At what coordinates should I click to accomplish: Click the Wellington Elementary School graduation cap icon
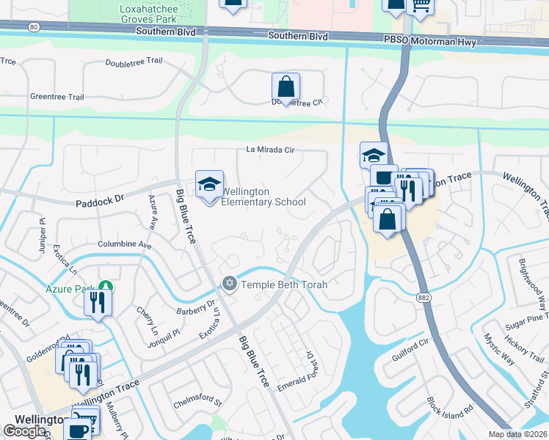click(x=209, y=184)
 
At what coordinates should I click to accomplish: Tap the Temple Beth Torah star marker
click(x=229, y=284)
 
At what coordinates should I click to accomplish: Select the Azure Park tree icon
click(x=106, y=285)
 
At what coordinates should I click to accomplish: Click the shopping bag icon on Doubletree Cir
click(x=286, y=87)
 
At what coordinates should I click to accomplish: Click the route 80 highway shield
click(x=34, y=26)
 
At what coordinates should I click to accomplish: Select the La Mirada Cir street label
click(x=269, y=150)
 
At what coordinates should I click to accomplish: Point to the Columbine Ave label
click(x=124, y=243)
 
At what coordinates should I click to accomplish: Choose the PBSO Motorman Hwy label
click(x=429, y=43)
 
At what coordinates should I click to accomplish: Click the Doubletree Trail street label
click(x=134, y=63)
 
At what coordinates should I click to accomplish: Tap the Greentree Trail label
click(x=57, y=97)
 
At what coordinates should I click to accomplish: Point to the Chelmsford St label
click(x=197, y=403)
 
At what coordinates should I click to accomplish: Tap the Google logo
click(x=24, y=431)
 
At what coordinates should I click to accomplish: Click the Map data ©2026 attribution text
click(x=517, y=434)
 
